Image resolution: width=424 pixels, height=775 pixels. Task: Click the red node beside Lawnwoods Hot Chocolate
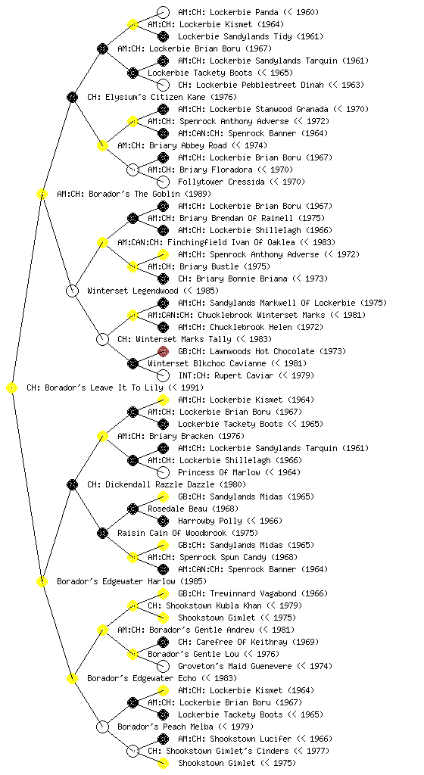tap(163, 351)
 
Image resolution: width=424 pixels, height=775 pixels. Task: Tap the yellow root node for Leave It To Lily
tap(12, 388)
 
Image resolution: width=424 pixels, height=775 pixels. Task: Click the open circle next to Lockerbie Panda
tap(163, 12)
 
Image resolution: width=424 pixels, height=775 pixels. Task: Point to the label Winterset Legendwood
tap(132, 291)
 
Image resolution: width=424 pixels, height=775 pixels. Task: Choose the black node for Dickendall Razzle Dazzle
tap(72, 484)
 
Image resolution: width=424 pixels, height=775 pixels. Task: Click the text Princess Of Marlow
tap(219, 472)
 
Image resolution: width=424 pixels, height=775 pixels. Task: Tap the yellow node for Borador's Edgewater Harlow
tap(42, 581)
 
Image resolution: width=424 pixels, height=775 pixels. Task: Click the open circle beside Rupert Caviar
tap(163, 375)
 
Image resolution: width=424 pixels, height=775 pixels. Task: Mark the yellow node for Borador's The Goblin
tap(42, 194)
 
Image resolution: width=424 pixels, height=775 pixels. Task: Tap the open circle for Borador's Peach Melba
tap(102, 727)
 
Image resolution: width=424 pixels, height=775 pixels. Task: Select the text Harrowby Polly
tap(210, 521)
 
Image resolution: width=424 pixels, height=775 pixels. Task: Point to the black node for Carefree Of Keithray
tap(163, 642)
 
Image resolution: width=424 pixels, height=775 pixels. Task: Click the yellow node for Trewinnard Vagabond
tap(163, 593)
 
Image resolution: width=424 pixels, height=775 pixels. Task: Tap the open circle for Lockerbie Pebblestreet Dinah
tap(163, 85)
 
